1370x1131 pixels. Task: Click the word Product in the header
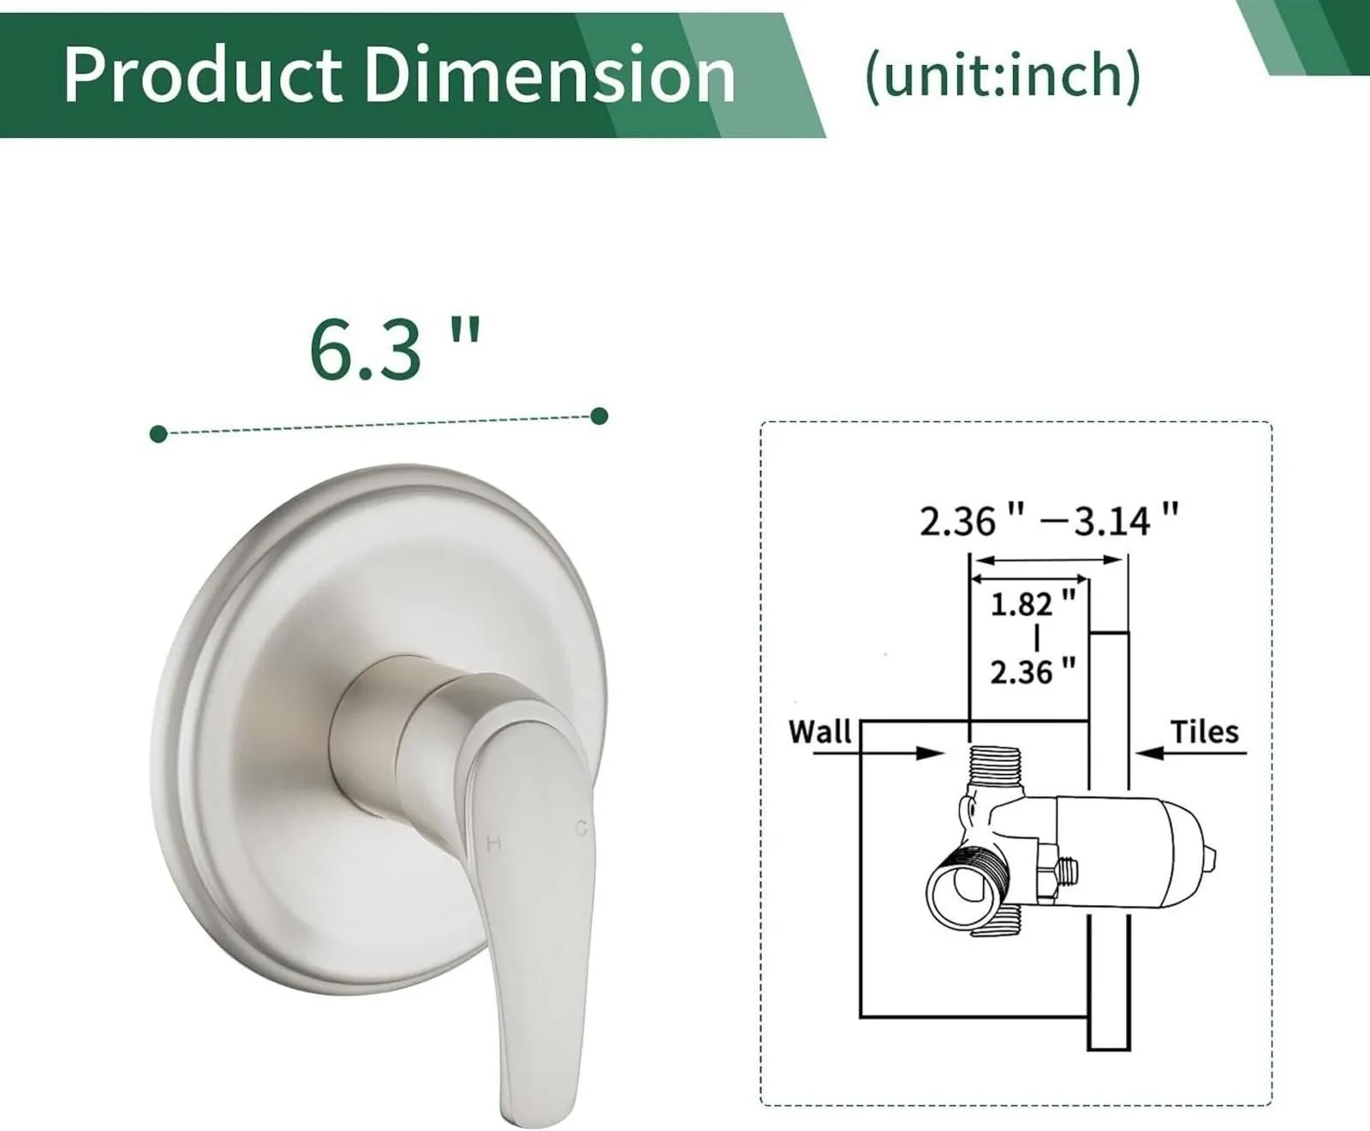click(204, 75)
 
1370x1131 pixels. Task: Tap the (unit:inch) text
click(1003, 75)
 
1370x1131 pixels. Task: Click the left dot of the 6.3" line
click(158, 434)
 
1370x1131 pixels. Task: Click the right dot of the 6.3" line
click(599, 416)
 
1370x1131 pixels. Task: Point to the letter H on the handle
click(493, 843)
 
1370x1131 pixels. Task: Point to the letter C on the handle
click(581, 828)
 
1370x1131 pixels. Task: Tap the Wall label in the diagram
click(819, 732)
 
